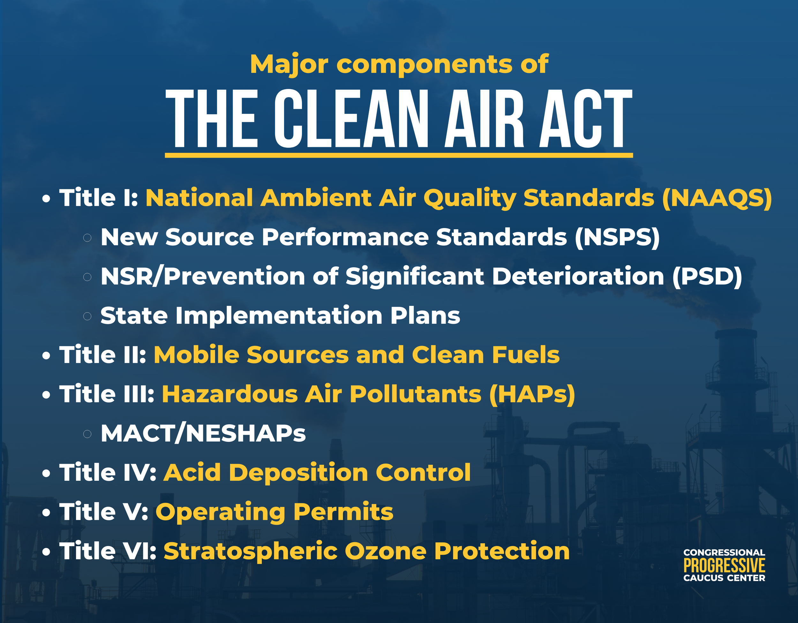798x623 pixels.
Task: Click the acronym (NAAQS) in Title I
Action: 717,198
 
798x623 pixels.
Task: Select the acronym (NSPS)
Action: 617,237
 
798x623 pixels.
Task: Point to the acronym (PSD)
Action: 707,277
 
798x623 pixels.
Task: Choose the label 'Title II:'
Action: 103,355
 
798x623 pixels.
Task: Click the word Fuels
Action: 525,355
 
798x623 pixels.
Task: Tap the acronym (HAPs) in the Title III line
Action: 532,394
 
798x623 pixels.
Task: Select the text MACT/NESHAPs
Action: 203,434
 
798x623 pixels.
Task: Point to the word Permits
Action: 343,512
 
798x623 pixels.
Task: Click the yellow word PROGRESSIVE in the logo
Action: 724,566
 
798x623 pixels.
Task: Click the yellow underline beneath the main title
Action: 399,156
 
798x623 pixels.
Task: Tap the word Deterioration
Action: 578,277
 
